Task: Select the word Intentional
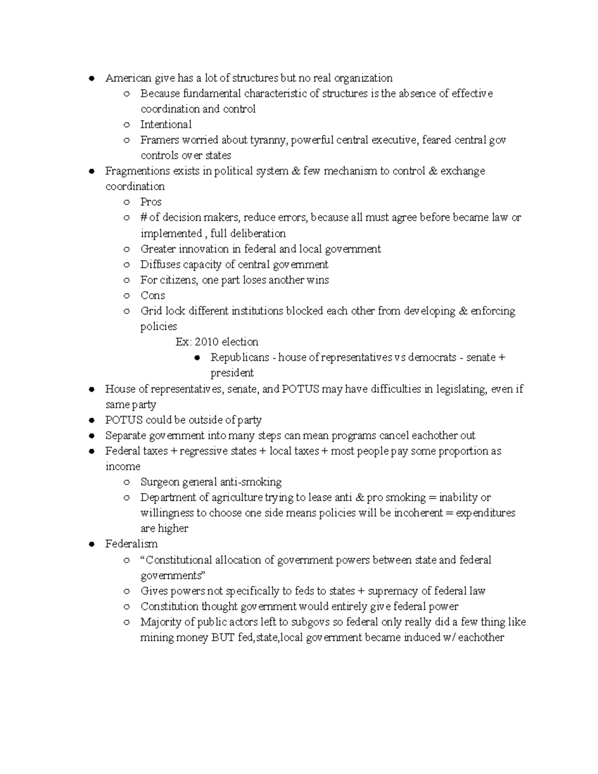click(165, 125)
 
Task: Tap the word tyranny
click(269, 140)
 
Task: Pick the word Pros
click(151, 202)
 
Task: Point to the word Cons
click(152, 295)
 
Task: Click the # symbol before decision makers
click(144, 218)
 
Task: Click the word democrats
click(432, 357)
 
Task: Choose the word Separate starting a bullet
click(124, 436)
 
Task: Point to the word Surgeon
click(159, 482)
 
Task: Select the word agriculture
click(237, 497)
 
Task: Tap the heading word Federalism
click(131, 544)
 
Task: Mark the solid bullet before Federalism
click(91, 544)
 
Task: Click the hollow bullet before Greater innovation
click(127, 249)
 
